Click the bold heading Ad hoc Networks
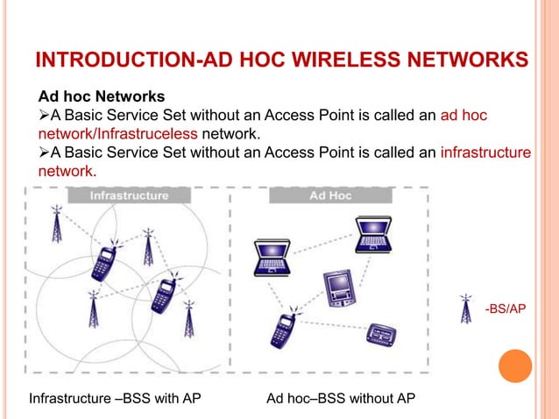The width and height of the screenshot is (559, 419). [x=100, y=96]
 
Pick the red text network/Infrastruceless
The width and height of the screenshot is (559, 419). [x=117, y=134]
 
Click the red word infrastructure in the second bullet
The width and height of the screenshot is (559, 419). [x=485, y=153]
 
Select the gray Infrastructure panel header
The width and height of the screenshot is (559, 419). [x=129, y=196]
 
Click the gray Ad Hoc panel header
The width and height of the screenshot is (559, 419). [x=331, y=196]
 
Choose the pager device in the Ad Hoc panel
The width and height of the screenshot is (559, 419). [x=382, y=334]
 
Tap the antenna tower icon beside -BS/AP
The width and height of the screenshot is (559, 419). [x=466, y=309]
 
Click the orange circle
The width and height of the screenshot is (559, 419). [x=515, y=366]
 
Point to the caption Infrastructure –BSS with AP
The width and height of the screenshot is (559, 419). [x=116, y=400]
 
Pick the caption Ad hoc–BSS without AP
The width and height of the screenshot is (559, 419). [x=340, y=400]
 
